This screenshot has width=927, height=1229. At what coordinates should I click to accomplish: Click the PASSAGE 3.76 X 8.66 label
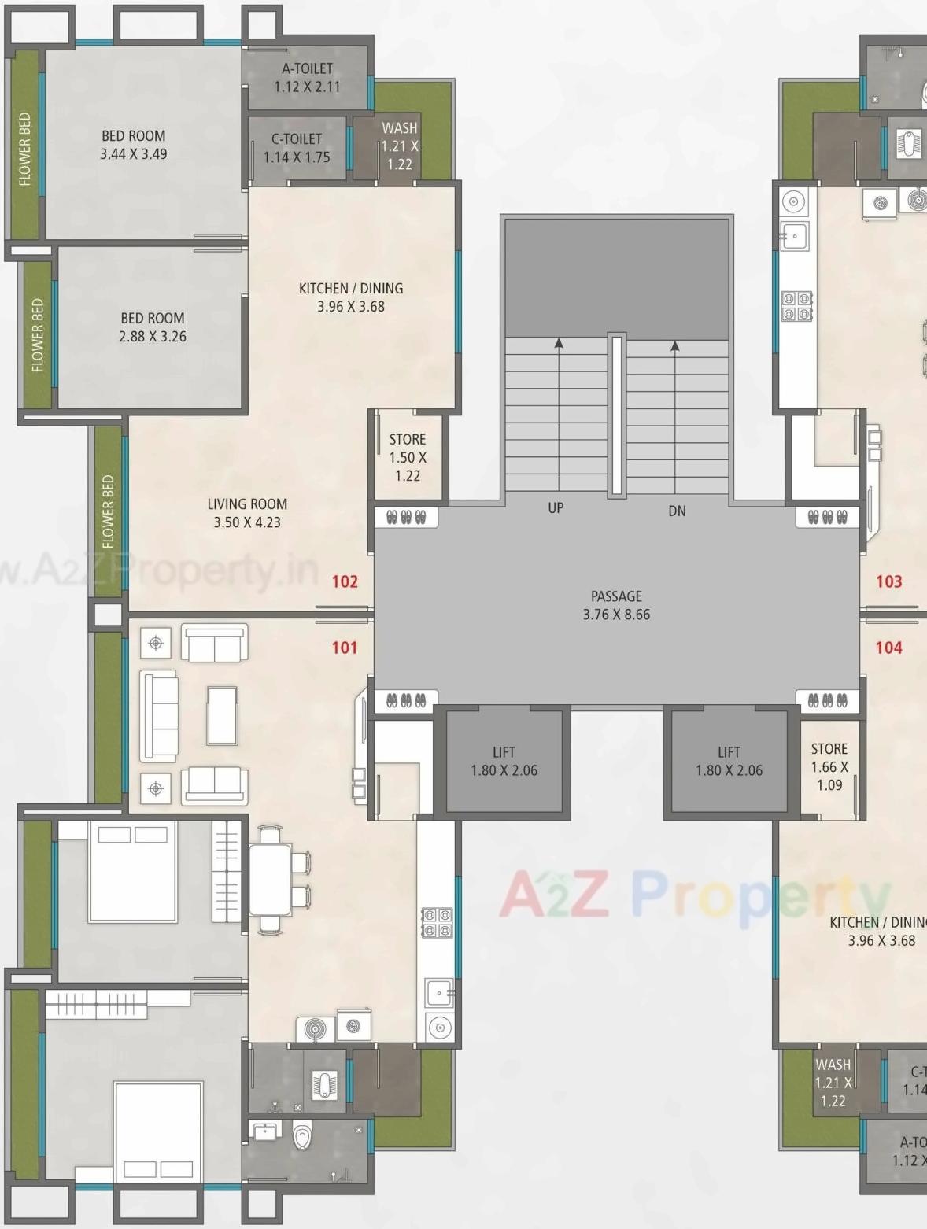pos(616,605)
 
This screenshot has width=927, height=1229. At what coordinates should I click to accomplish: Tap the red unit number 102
pos(345,581)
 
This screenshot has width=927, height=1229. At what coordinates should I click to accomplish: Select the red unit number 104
pos(888,648)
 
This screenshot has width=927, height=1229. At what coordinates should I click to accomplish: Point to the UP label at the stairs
pos(556,508)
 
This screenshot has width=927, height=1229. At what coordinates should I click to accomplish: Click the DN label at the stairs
pos(677,511)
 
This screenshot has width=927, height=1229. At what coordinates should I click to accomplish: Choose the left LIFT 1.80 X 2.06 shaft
pos(504,761)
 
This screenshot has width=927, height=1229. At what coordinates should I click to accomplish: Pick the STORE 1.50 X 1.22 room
pos(408,457)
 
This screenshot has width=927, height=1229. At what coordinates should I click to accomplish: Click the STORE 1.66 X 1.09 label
pos(829,766)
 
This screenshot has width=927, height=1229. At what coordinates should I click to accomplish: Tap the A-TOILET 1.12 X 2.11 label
pos(307,77)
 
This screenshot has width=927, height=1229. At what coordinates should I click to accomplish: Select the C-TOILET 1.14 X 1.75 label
pos(297,148)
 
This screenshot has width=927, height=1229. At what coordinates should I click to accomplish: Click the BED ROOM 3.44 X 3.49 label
pos(133,145)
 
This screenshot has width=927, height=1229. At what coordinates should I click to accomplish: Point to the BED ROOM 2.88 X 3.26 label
pos(153,327)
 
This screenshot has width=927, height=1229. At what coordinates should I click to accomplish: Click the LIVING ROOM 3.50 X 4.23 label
pos(247,513)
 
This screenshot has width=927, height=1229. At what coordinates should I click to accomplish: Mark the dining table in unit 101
pos(271,880)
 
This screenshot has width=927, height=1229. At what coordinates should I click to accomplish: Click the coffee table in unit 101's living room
pos(222,715)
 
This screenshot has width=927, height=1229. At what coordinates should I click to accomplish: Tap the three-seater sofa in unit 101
pos(159,716)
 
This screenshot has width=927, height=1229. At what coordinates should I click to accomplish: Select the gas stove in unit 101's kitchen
pos(438,924)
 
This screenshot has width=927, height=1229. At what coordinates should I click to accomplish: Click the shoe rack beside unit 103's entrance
pos(827,518)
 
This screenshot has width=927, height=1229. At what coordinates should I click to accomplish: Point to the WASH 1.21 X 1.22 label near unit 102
pos(400,146)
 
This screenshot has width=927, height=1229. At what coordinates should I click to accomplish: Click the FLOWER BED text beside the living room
pos(108,511)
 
